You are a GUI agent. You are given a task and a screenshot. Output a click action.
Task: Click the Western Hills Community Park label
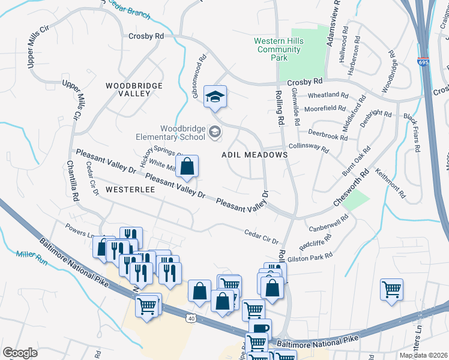279,49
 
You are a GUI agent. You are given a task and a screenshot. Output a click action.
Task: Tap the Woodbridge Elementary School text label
183,133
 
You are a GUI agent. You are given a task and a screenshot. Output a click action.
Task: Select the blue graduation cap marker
214,97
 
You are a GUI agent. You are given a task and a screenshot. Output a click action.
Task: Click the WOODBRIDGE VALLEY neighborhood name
134,90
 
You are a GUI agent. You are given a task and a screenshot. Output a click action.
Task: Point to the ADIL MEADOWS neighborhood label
255,155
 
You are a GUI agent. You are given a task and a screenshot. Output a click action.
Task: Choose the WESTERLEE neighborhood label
130,189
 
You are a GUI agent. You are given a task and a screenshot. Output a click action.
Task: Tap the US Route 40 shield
191,318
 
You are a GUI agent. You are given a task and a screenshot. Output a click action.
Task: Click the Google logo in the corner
20,353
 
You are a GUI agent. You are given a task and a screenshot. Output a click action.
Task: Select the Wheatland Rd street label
328,95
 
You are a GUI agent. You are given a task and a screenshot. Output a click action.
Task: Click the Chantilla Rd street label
73,181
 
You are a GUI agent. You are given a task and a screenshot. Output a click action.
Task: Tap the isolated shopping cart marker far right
391,289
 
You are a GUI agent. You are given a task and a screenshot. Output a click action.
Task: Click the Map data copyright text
423,355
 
